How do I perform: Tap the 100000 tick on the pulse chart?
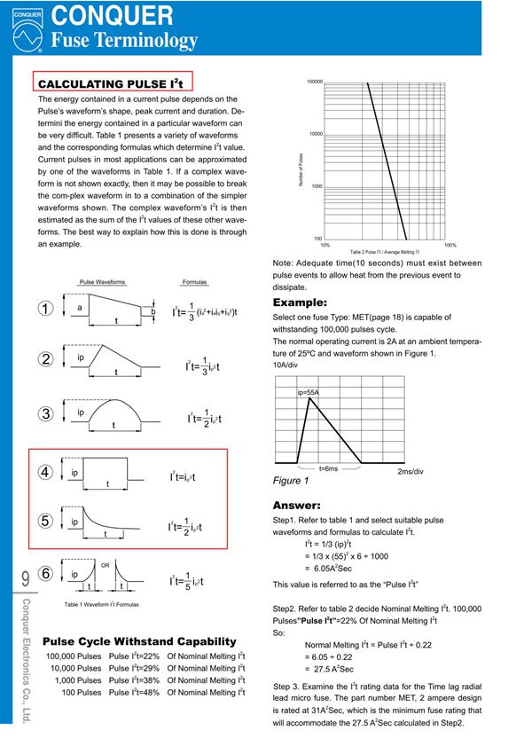314,81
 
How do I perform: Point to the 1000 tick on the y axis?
317,186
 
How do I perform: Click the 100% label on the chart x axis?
450,245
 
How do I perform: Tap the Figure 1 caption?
291,481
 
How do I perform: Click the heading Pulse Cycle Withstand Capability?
139,640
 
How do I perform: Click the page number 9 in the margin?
24,578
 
